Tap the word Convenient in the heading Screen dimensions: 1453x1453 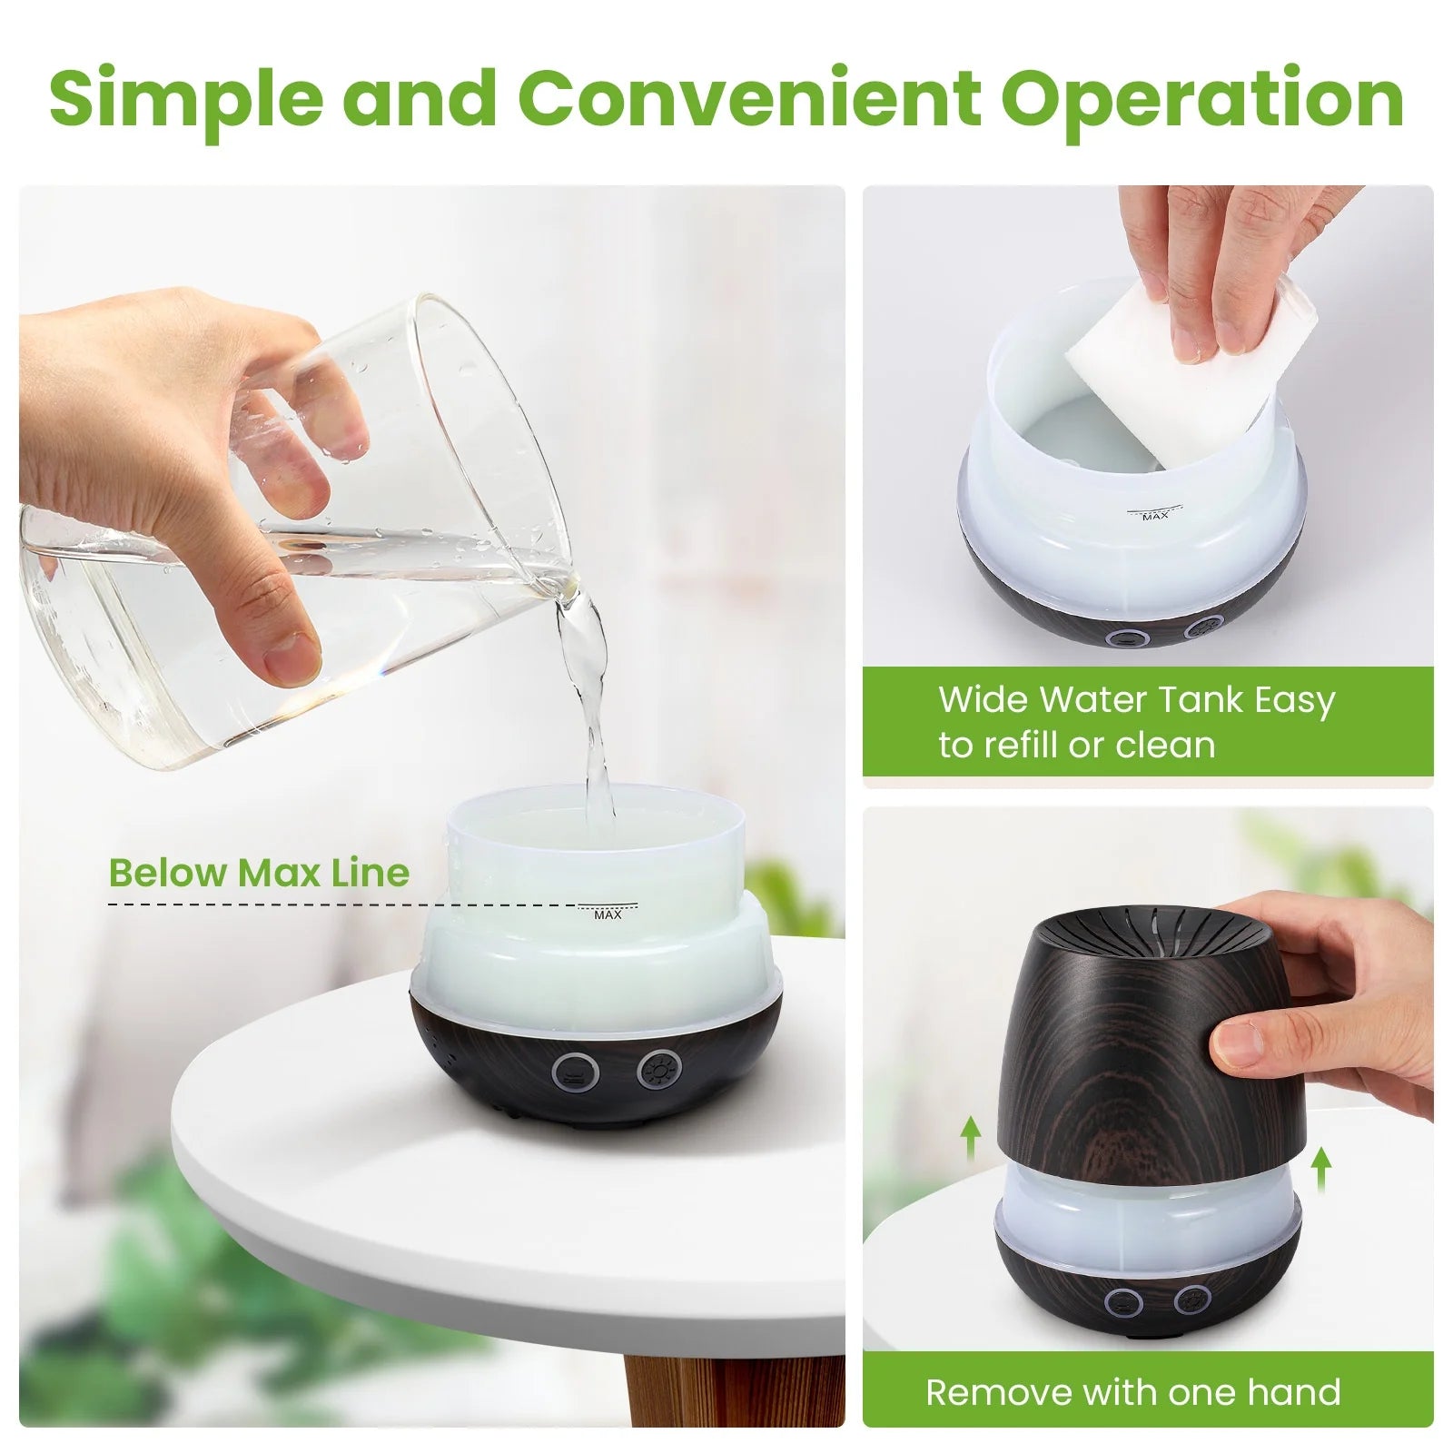click(751, 98)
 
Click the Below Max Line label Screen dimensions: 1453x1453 click(259, 873)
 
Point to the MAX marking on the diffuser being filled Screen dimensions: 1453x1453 click(608, 914)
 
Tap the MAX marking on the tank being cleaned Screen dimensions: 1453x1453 click(1155, 516)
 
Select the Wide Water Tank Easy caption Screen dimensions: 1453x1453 click(1136, 699)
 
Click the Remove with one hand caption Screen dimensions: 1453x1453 click(1133, 1391)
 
